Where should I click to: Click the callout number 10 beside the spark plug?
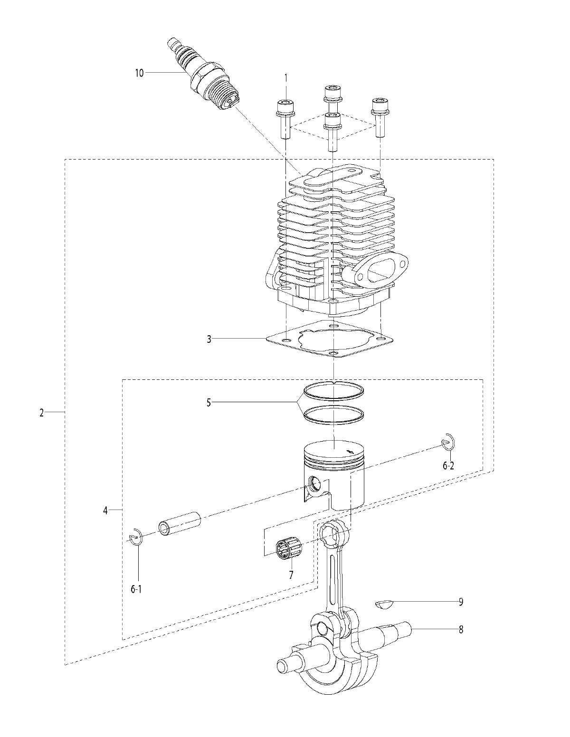(x=139, y=73)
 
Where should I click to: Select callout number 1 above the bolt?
(x=285, y=78)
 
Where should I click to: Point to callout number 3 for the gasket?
(x=209, y=339)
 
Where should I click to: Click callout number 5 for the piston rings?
(x=209, y=403)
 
